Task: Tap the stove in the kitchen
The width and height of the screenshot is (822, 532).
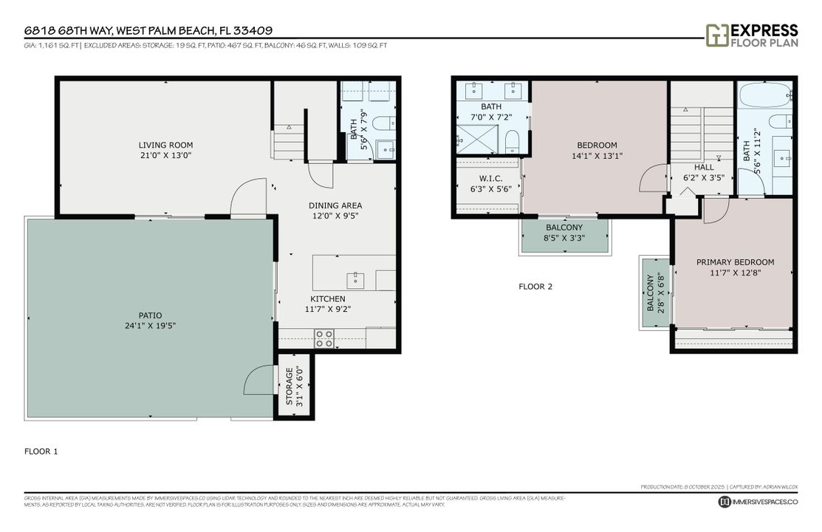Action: [324, 338]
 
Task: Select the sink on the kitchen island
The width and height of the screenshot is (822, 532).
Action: [356, 279]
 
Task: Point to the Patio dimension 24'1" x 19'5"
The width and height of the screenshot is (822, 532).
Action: [150, 326]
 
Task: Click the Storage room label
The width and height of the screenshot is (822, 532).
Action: [290, 387]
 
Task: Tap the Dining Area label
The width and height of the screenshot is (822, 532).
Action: [335, 205]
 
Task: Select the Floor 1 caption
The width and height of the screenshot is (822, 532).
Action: [41, 451]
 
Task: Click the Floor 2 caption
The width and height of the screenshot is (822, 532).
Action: [535, 286]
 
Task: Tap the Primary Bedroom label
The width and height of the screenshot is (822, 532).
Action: [735, 262]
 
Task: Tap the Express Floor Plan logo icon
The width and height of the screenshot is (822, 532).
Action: [716, 35]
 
